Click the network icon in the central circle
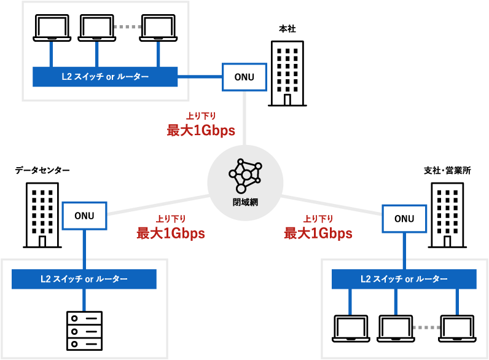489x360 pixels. [x=245, y=176]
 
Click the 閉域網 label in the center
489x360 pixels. [x=245, y=202]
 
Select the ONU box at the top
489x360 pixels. [x=244, y=77]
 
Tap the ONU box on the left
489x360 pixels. [x=84, y=216]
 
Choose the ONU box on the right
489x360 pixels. [x=404, y=219]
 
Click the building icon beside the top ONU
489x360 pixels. [x=287, y=74]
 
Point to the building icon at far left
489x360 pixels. [x=42, y=215]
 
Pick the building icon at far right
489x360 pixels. [x=447, y=215]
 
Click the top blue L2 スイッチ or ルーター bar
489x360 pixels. [x=105, y=77]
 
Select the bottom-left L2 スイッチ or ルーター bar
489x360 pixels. [x=84, y=279]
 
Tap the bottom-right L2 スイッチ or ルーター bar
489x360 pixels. [x=404, y=279]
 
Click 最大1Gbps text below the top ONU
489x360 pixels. [x=201, y=130]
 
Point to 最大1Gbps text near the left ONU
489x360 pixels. [x=170, y=233]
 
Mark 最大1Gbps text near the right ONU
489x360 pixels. [x=318, y=233]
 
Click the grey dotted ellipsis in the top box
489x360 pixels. [x=128, y=27]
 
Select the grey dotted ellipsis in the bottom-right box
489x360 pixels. [x=426, y=327]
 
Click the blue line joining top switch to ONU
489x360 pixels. [x=200, y=77]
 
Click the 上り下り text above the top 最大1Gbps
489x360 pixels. [x=201, y=115]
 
